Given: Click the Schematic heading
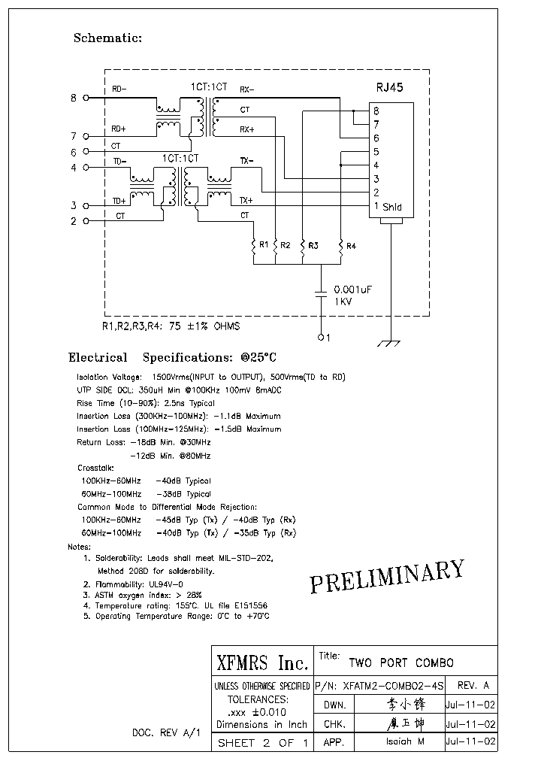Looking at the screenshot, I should click(107, 38).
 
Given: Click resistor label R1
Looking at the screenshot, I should click(263, 245).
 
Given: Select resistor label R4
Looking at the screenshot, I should click(351, 246).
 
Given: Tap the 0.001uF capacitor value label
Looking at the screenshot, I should click(353, 290).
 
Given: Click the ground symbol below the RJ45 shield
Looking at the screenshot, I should click(388, 343).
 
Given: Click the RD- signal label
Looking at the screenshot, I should click(119, 89).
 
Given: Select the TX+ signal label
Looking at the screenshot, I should click(246, 201).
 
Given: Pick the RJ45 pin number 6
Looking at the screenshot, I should click(376, 138).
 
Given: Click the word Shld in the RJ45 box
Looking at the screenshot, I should click(392, 207).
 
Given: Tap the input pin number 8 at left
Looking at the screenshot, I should click(74, 98).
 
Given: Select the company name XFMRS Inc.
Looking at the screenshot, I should click(261, 663).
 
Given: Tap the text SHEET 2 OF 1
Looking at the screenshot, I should click(261, 743).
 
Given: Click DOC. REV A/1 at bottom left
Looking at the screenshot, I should click(167, 732).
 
